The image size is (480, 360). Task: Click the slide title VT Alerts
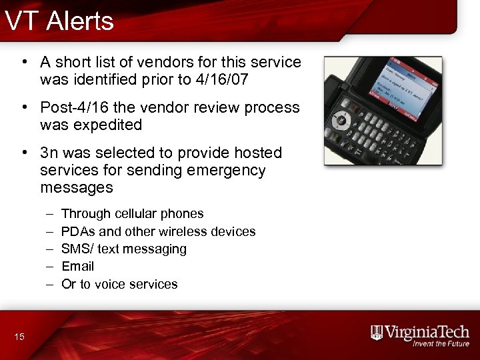pos(59,21)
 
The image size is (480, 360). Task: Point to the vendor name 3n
pos(50,153)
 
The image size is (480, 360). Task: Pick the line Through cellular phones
pos(132,214)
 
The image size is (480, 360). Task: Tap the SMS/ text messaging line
pos(123,249)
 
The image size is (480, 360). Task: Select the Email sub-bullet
pos(77,266)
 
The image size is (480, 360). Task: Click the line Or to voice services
pos(119,284)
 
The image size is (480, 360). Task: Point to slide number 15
pos(19,337)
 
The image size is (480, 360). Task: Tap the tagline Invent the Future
pos(441,345)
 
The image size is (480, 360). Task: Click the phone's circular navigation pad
pos(343,121)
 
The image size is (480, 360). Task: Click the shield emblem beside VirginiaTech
pos(377,333)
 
